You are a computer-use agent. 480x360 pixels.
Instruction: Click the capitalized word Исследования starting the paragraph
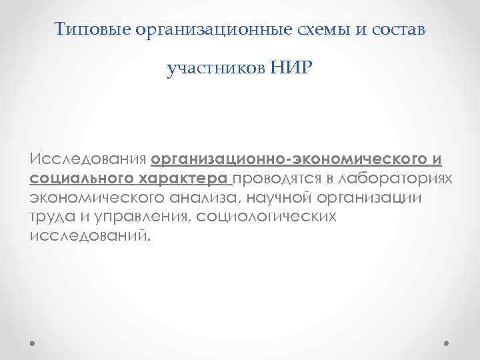88,160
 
